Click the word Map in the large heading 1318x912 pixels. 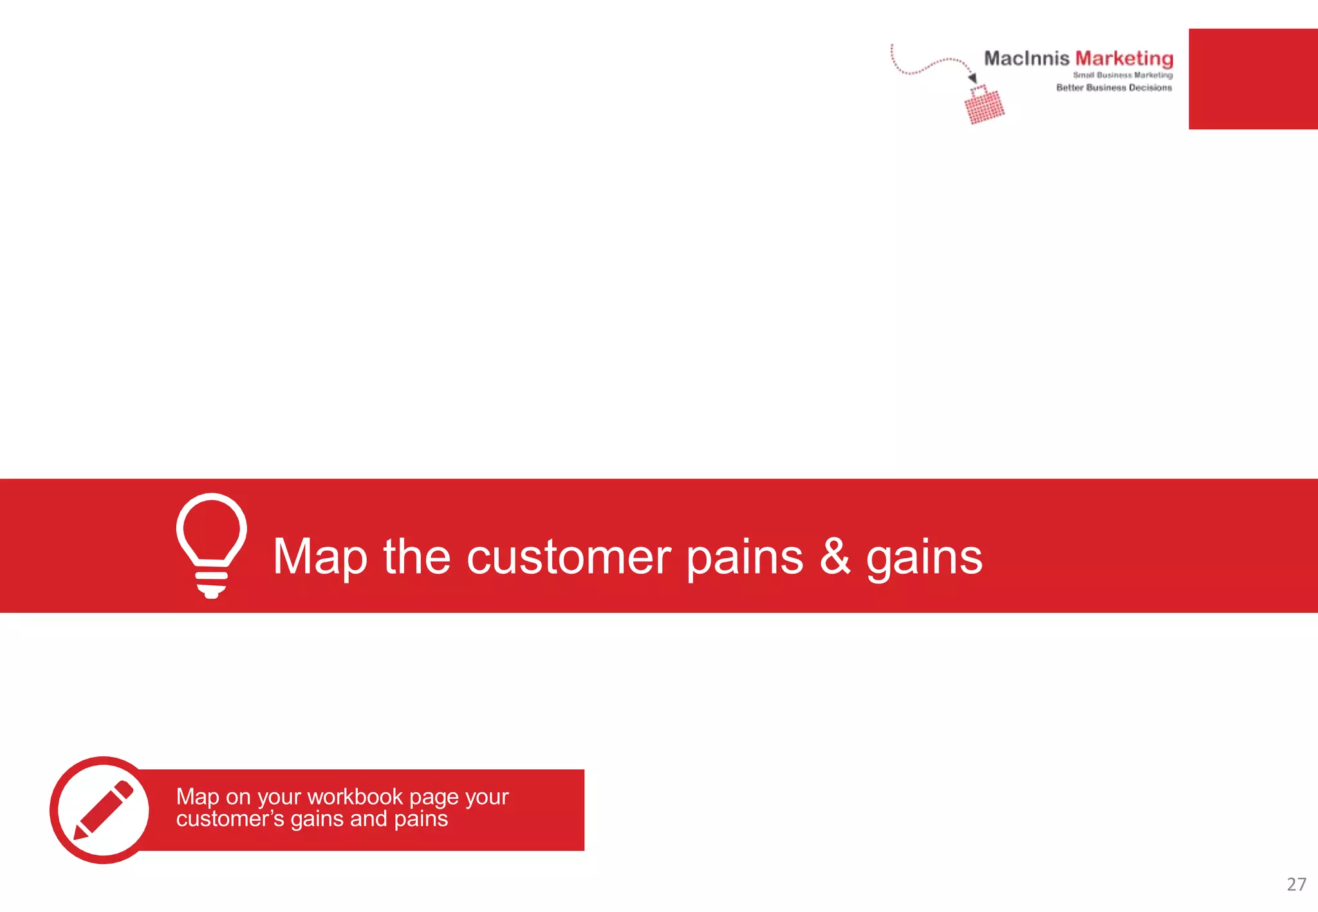click(320, 557)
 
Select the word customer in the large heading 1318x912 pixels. click(568, 557)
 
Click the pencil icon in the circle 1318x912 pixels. click(103, 810)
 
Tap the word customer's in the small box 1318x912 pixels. click(230, 819)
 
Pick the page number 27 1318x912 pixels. click(1296, 884)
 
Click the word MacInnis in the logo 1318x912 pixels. click(1026, 59)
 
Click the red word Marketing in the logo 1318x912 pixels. click(1124, 59)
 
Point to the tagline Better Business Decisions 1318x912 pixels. click(1114, 87)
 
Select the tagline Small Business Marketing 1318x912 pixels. click(1122, 75)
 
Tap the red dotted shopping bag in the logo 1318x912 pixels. click(984, 106)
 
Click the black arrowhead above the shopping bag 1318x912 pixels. click(972, 78)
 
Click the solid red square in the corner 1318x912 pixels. click(1252, 78)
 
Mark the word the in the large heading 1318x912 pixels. click(417, 557)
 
